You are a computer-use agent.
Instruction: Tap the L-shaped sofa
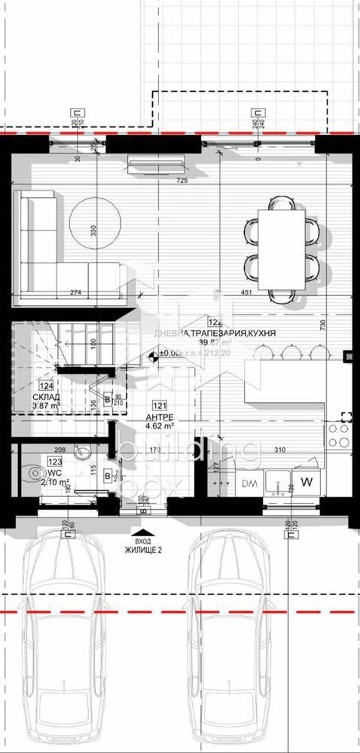[x=45, y=248]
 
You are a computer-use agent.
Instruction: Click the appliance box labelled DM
[x=249, y=482]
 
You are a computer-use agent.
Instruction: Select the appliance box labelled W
[x=307, y=481]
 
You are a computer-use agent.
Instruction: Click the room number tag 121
[x=159, y=404]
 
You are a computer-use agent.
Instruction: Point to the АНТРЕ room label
[x=158, y=416]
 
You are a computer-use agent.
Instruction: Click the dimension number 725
[x=181, y=181]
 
